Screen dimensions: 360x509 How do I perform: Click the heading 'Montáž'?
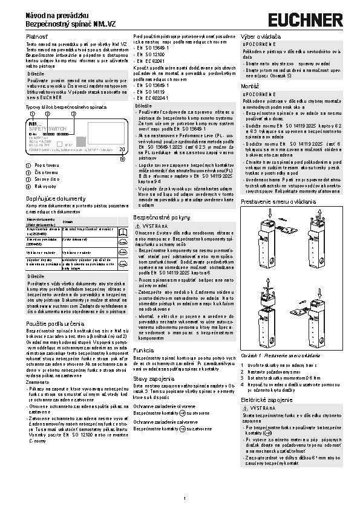point(251,87)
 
